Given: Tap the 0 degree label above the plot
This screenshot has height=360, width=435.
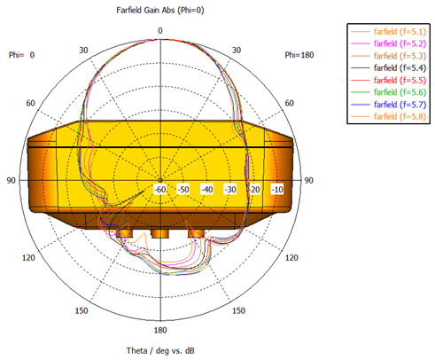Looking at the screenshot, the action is pyautogui.click(x=160, y=31).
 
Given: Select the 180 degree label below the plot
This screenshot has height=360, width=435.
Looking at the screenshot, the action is pyautogui.click(x=160, y=330).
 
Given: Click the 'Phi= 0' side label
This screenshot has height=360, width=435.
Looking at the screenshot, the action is pyautogui.click(x=21, y=55).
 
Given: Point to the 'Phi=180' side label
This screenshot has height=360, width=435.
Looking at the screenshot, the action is pyautogui.click(x=299, y=55).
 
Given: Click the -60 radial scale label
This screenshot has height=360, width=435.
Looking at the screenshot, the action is pyautogui.click(x=160, y=189).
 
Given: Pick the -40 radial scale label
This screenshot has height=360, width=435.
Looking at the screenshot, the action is pyautogui.click(x=206, y=189).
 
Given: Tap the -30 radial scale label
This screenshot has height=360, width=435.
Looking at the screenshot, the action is pyautogui.click(x=230, y=189).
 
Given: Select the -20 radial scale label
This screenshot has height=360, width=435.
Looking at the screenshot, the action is pyautogui.click(x=254, y=189).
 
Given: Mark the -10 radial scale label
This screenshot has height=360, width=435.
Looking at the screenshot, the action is pyautogui.click(x=277, y=189).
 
